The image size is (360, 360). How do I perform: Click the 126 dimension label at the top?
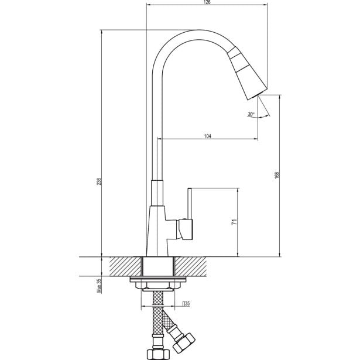[x=207, y=3]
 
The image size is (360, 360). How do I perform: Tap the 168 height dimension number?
[x=276, y=174]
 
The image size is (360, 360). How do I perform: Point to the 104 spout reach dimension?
[x=208, y=136]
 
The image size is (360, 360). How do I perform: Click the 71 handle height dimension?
[x=233, y=222]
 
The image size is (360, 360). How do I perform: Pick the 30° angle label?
[x=251, y=114]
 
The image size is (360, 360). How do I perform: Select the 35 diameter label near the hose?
[x=186, y=303]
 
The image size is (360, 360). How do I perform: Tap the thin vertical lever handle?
[x=190, y=203]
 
